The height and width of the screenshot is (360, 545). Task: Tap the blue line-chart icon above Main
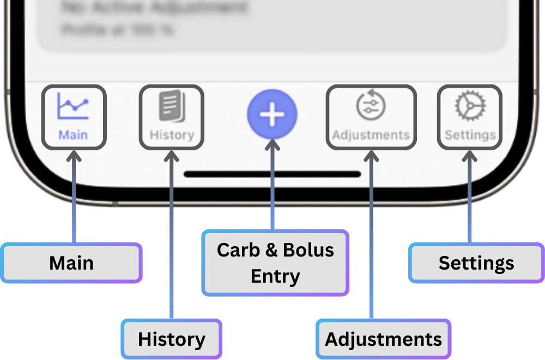[73, 107]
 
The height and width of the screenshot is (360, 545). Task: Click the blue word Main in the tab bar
[73, 135]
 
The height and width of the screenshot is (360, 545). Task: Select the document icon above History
[172, 106]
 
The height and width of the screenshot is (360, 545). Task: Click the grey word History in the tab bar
[172, 135]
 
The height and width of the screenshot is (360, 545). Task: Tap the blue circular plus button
[272, 114]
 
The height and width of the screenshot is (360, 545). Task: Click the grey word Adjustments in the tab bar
[371, 135]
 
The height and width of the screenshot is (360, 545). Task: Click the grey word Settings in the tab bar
[470, 135]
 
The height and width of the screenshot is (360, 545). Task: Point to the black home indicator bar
[272, 174]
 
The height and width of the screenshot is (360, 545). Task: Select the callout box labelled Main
[71, 263]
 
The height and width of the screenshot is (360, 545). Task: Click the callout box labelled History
[172, 339]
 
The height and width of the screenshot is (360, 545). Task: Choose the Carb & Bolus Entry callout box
[275, 263]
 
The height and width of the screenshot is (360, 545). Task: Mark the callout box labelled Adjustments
[384, 339]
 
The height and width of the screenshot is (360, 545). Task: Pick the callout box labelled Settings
[476, 263]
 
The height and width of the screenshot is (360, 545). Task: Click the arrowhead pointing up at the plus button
[272, 146]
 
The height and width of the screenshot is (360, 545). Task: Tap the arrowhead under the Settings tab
[470, 156]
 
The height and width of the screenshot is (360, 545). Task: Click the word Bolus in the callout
[308, 250]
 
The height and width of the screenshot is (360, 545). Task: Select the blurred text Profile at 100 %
[117, 29]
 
